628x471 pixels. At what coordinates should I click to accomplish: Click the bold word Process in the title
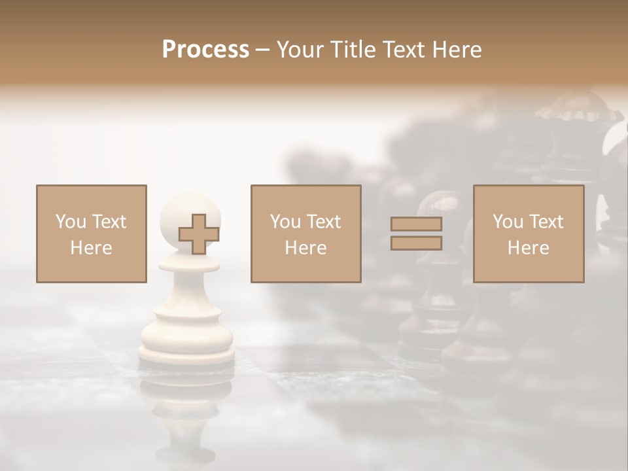coord(205,50)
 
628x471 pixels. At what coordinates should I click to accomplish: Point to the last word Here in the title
coord(457,50)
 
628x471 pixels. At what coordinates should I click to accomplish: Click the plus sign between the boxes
coord(199,234)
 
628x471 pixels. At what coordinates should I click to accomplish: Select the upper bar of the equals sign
coord(416,224)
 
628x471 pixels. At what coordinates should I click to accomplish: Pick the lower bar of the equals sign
coord(416,243)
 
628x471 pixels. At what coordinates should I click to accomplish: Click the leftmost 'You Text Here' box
coord(91,234)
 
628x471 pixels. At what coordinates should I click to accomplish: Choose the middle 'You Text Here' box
coord(305,234)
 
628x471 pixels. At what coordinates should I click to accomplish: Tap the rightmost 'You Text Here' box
coord(528,234)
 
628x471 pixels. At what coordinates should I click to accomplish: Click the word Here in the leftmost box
coord(91,248)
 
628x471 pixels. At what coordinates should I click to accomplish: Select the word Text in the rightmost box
coord(546,222)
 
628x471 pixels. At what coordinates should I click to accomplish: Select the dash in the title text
coord(263,50)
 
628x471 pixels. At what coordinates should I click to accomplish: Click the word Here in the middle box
coord(305,248)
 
